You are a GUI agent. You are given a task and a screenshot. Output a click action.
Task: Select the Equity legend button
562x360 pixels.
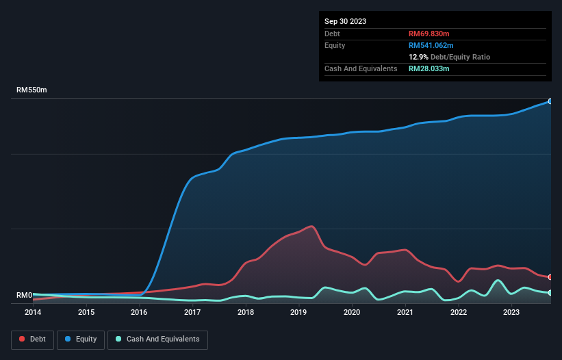81,339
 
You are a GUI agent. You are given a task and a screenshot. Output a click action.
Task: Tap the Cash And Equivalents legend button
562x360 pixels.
157,339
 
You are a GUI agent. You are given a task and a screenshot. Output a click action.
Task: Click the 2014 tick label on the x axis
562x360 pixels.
33,313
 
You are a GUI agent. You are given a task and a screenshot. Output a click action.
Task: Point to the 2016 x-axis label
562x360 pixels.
139,313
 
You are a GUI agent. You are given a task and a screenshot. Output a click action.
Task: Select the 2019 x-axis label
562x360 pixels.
298,313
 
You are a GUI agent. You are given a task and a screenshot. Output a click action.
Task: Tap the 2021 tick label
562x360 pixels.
405,313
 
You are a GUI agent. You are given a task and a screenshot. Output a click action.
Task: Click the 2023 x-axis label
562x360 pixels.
511,313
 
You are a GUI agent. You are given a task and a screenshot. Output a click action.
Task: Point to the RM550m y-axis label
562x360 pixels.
31,90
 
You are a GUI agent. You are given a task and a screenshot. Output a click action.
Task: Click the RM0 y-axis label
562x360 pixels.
24,296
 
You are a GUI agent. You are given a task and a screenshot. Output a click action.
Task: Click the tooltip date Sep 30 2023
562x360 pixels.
345,21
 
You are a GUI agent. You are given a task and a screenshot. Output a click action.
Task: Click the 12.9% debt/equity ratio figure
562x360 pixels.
419,57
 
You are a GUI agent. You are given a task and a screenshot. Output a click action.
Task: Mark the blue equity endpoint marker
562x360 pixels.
550,101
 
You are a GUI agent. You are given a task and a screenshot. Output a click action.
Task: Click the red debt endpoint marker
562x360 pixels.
550,277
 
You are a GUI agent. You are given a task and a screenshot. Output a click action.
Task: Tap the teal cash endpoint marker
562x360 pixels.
550,293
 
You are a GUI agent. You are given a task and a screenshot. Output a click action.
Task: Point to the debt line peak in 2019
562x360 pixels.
312,226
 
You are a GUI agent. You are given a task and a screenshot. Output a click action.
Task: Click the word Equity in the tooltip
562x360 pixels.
335,45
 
